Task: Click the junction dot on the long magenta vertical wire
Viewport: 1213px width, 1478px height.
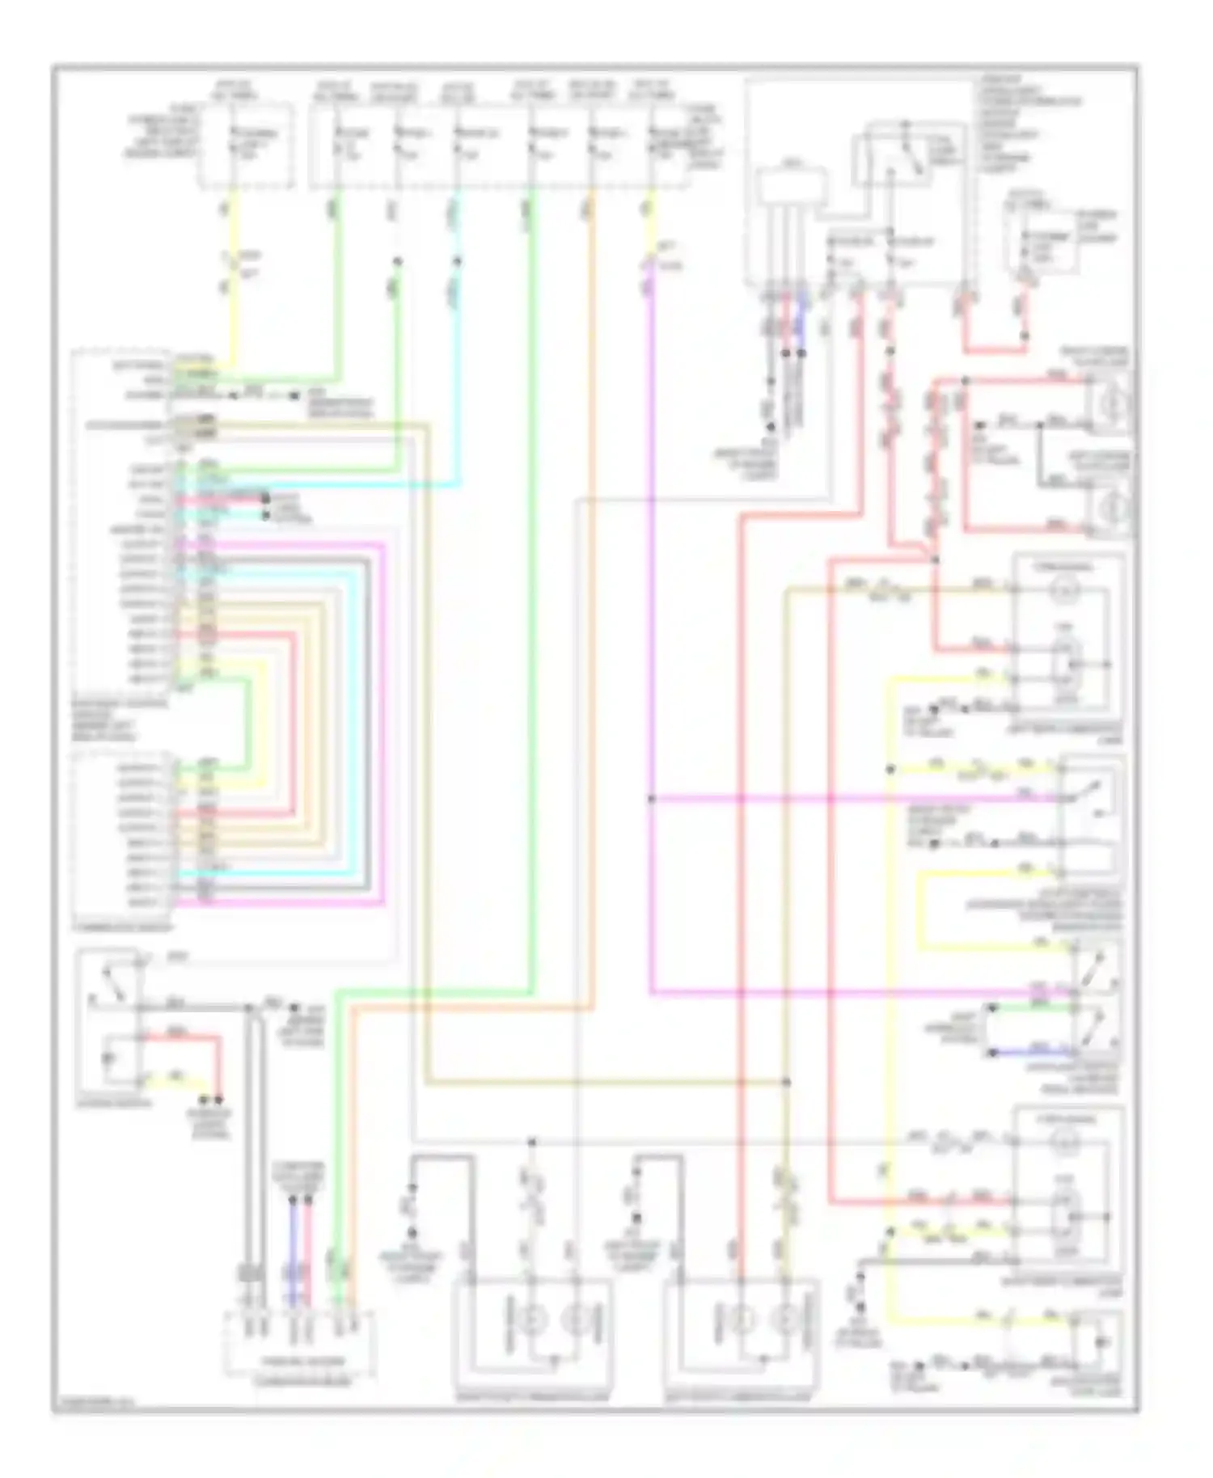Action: pos(651,800)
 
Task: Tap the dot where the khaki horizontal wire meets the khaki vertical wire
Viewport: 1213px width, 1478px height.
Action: pos(786,1082)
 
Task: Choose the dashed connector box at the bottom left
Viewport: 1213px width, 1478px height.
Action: pos(299,1345)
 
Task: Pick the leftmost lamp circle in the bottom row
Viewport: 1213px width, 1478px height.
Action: pos(534,1320)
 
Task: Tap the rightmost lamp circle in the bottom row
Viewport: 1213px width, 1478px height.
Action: pos(784,1320)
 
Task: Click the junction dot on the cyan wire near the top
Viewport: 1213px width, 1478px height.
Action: pos(458,261)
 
